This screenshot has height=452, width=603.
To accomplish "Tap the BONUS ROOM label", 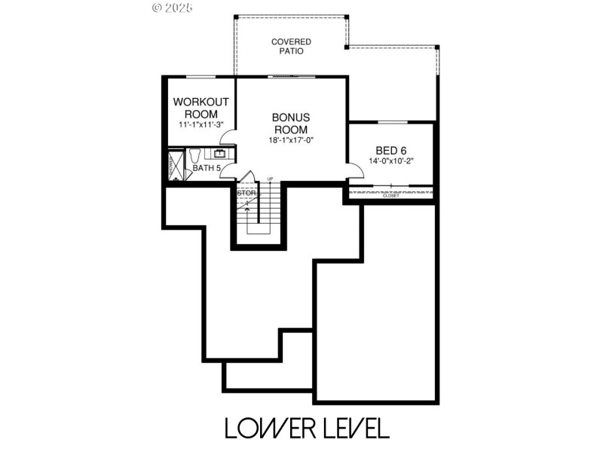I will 291,123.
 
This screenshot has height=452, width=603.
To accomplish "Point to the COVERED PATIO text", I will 291,47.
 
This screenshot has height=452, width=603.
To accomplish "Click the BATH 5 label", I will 206,168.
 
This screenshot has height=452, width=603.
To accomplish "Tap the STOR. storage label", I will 246,194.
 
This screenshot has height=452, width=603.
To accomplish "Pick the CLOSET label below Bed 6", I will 390,196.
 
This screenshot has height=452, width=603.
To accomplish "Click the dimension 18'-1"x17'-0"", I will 291,140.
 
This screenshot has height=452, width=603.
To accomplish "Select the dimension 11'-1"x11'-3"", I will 200,124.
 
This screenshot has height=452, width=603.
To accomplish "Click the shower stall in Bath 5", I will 175,165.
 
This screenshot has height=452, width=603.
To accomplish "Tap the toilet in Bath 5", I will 193,156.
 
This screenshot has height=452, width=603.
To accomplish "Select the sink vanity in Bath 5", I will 220,153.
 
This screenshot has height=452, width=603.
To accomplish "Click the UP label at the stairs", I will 270,179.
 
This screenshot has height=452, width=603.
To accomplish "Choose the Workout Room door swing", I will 228,138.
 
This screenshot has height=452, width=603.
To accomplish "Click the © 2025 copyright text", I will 173,8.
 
